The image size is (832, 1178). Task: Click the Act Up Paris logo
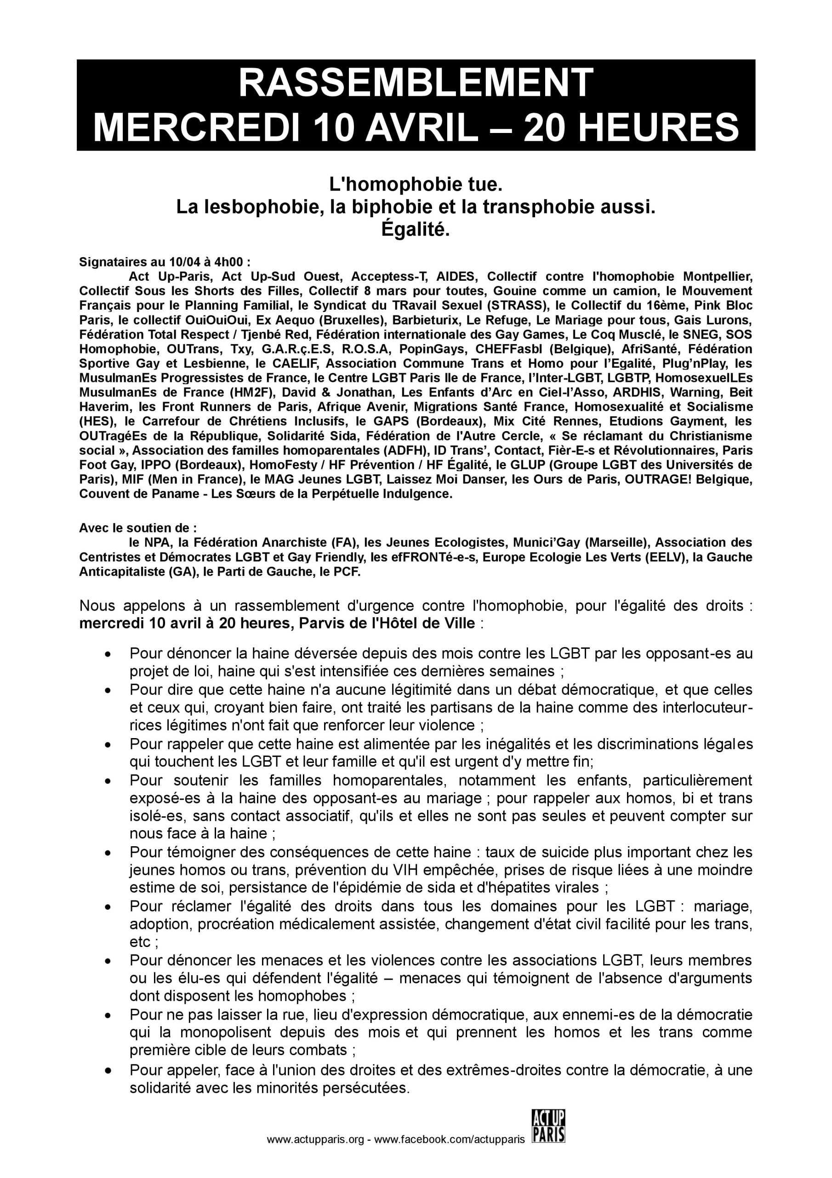point(548,1140)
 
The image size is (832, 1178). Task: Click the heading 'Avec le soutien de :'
point(137,528)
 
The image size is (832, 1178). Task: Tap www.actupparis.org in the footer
point(315,1155)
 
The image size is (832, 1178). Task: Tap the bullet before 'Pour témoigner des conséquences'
point(108,853)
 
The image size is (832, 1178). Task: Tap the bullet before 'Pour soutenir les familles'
point(108,781)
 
